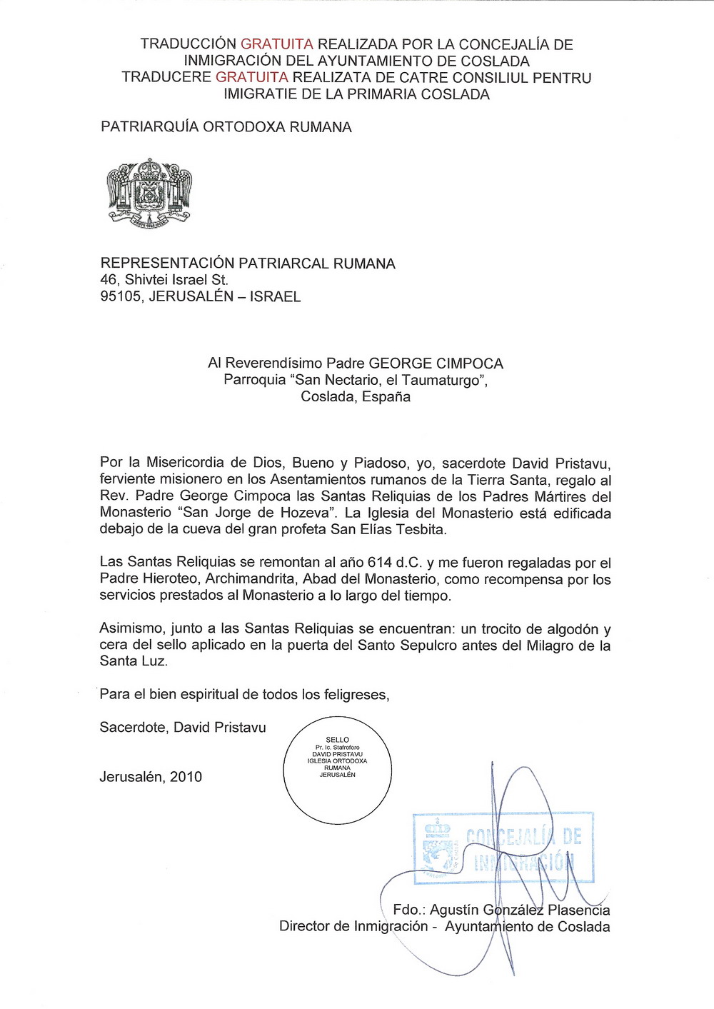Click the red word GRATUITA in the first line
point(276,44)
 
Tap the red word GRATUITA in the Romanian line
point(251,77)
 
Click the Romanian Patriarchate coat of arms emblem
point(149,192)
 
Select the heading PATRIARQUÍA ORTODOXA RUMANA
point(226,127)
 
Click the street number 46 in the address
point(109,280)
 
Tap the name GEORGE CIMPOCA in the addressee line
point(436,363)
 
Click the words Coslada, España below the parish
point(356,397)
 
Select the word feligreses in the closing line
point(356,694)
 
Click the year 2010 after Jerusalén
point(186,777)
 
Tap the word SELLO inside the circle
point(337,740)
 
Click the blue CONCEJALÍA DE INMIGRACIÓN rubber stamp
point(503,848)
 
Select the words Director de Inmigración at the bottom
point(353,927)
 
